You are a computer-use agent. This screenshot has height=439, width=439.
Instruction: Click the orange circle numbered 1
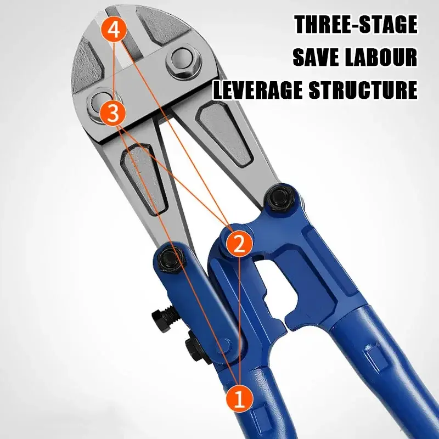[x=239, y=398]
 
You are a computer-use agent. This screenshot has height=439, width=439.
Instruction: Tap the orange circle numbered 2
[x=239, y=244]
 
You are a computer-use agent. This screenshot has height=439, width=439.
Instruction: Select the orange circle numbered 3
[x=112, y=114]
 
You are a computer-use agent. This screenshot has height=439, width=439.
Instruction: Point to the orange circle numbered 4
[x=114, y=30]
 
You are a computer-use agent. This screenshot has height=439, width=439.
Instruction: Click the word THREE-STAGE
[x=356, y=25]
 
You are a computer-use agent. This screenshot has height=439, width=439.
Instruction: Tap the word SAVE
[x=315, y=57]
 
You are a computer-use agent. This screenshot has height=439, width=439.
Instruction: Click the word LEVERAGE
[x=257, y=89]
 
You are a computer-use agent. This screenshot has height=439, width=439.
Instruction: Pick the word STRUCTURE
[x=363, y=89]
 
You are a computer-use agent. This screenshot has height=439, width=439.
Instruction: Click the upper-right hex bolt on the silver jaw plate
[x=182, y=60]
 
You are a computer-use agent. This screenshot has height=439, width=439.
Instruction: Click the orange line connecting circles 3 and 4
[x=114, y=72]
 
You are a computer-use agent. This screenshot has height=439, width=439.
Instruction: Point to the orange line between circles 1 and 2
[x=240, y=320]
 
